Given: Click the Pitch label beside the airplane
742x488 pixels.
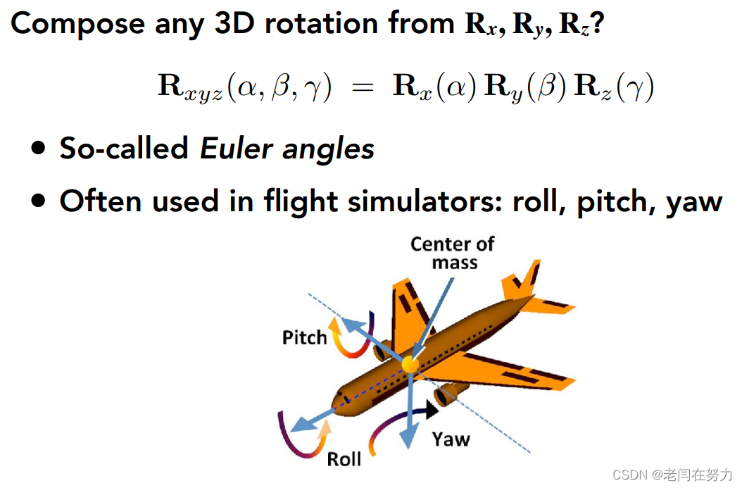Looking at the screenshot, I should [305, 337].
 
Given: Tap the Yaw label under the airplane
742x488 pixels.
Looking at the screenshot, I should [451, 439].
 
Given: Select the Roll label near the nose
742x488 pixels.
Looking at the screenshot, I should [344, 459].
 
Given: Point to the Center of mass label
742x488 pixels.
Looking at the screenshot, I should [453, 253].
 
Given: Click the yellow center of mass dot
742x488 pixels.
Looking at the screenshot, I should [410, 364].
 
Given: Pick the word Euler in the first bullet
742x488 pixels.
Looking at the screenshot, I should [232, 149].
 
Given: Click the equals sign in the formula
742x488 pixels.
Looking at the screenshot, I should [361, 89].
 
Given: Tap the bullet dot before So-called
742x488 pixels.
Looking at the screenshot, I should [39, 149].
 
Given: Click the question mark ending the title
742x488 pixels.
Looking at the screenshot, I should [599, 23].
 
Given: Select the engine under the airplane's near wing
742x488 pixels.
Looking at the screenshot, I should [448, 396].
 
